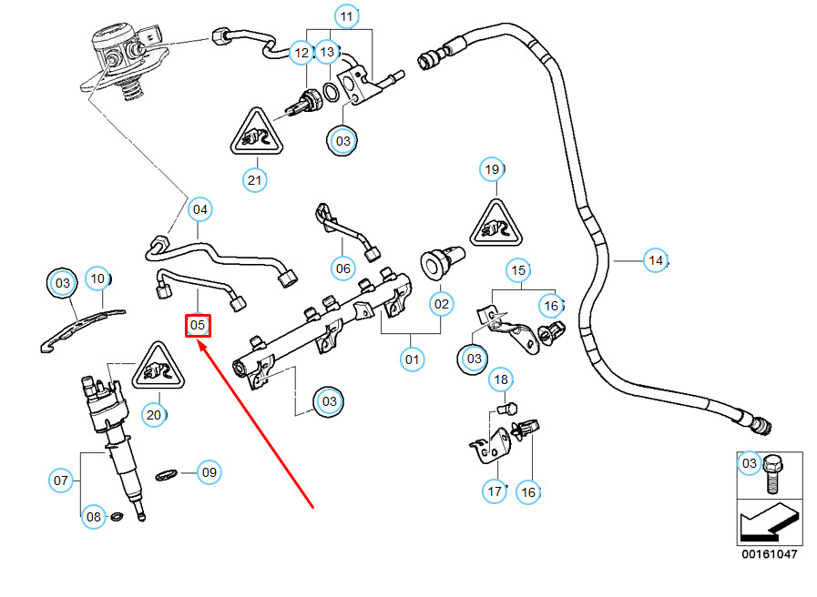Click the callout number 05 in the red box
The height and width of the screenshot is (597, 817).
[199, 324]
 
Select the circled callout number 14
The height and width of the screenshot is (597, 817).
[655, 261]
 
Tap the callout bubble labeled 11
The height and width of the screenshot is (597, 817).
[345, 17]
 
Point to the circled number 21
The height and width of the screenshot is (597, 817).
[255, 180]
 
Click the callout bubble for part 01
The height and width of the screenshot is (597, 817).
[413, 359]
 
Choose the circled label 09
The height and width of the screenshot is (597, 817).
[209, 472]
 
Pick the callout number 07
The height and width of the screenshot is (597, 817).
[60, 480]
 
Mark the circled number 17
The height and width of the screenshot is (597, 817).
[495, 492]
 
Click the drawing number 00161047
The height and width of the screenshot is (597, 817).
[769, 553]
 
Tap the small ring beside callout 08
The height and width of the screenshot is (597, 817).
[117, 518]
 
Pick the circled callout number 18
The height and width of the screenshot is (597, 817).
[500, 379]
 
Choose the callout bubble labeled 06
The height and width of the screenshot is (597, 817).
[342, 268]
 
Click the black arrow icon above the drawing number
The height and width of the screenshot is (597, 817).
[769, 522]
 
